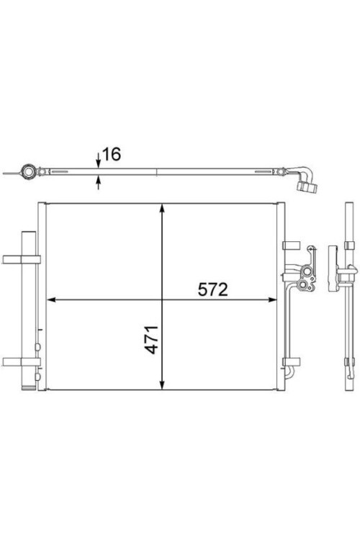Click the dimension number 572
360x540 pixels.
(x=212, y=289)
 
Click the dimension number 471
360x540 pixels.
(x=152, y=340)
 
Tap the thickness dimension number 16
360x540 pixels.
(x=112, y=154)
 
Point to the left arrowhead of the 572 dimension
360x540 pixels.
(x=51, y=300)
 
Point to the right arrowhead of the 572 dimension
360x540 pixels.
(x=272, y=300)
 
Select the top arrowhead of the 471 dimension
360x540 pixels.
(x=162, y=208)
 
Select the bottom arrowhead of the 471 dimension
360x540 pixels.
(x=162, y=385)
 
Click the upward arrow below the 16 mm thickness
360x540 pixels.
(x=99, y=183)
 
